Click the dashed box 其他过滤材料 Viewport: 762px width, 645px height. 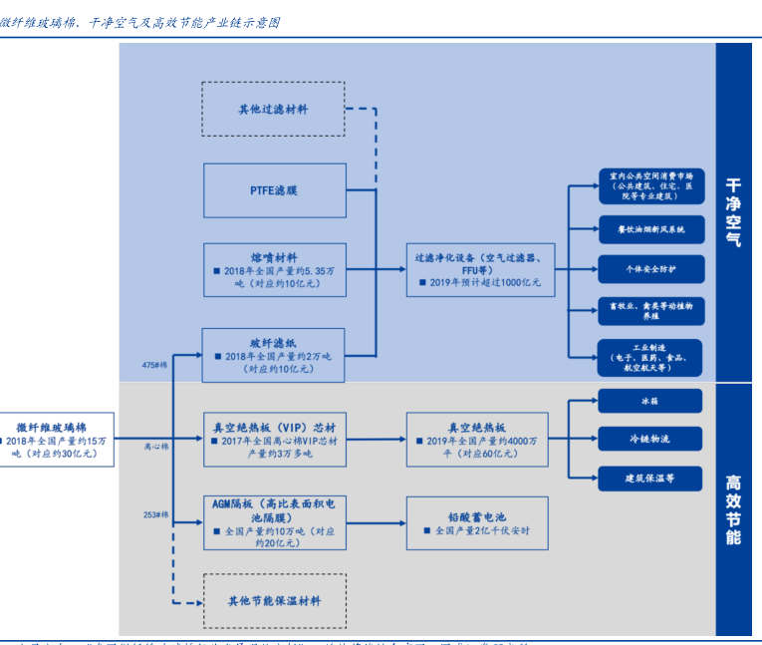tap(273, 109)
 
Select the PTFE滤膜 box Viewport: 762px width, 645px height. tap(274, 189)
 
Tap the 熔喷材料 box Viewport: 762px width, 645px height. tap(274, 269)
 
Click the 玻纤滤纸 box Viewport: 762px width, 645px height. tap(274, 355)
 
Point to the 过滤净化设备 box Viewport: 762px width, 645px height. tap(479, 269)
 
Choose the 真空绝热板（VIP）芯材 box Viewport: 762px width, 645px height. tap(274, 440)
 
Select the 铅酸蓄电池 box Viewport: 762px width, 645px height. tap(479, 523)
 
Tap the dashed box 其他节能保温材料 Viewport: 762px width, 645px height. tap(274, 601)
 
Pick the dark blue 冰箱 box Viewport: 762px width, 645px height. tap(650, 401)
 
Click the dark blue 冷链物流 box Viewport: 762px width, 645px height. tap(650, 439)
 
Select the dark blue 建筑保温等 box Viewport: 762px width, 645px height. tap(650, 478)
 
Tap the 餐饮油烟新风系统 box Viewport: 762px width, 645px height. tap(650, 229)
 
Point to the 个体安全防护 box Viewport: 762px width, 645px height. tap(650, 269)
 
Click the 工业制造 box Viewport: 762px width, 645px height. tap(650, 356)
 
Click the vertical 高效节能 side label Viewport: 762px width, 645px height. tap(733, 508)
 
